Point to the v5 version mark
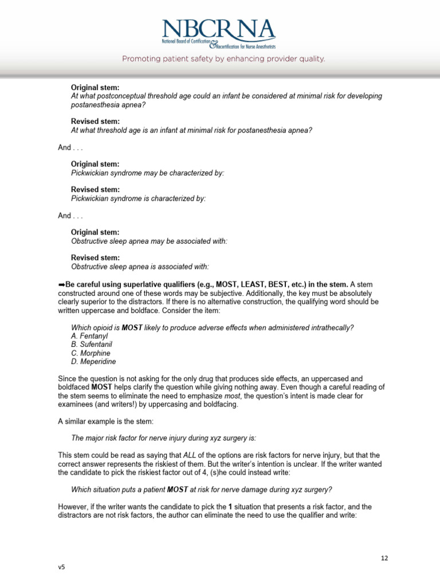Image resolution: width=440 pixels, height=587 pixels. click(61, 567)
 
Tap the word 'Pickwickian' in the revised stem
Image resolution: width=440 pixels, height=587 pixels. click(91, 198)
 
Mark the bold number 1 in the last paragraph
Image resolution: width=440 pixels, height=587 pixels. click(230, 507)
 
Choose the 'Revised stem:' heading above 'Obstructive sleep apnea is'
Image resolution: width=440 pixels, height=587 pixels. click(95, 258)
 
